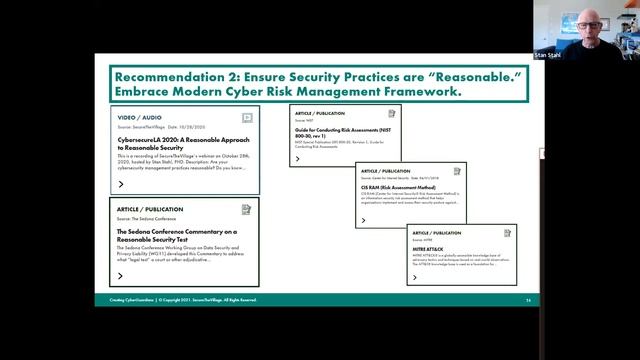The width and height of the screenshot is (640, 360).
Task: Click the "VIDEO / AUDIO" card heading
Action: pos(141,117)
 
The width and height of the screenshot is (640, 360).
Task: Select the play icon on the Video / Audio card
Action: pos(247,117)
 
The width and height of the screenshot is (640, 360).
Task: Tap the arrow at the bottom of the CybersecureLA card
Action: pos(121,184)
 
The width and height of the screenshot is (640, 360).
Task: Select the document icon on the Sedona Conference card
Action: pos(246,210)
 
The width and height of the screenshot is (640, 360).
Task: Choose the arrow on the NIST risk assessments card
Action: pos(297,159)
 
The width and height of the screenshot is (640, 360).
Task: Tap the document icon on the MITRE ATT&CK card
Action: pos(507,232)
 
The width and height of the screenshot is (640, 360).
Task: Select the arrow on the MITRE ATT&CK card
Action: pos(414,277)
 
